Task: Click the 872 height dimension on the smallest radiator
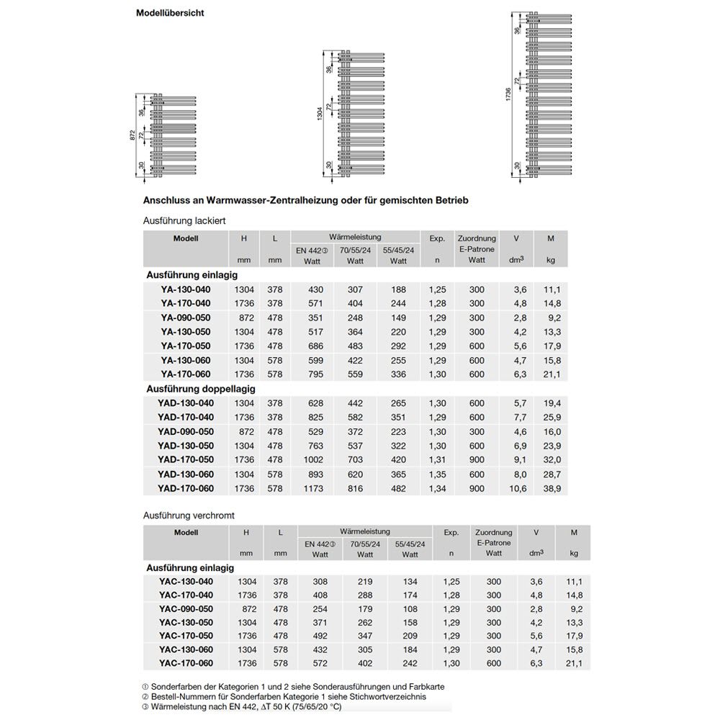point(132,135)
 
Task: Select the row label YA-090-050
point(185,318)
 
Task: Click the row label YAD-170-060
point(185,488)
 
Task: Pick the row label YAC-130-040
point(186,581)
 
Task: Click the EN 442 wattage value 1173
point(314,489)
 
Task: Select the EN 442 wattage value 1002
point(314,460)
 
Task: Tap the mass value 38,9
point(553,489)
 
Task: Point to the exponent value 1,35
point(437,474)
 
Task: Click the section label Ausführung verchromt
point(189,516)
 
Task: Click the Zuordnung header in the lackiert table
point(477,238)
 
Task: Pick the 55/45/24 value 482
point(398,489)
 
